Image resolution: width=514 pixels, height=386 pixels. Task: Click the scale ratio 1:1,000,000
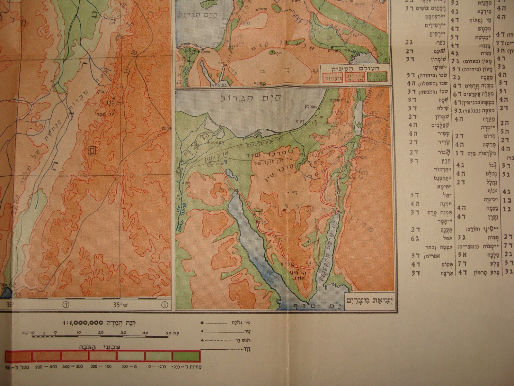click(x=83, y=323)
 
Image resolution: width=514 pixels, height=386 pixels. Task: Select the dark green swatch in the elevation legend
click(x=186, y=356)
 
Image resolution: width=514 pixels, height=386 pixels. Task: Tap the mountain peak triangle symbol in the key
click(x=201, y=340)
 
